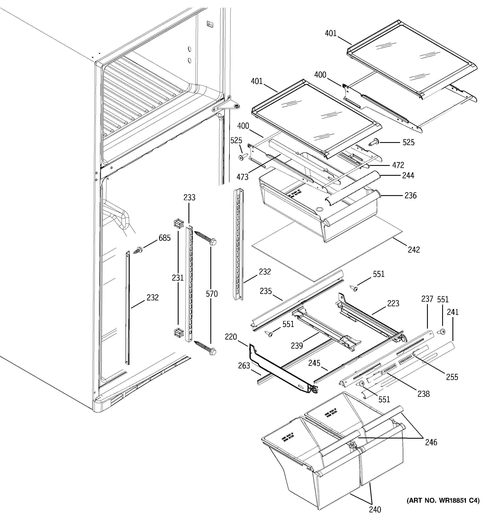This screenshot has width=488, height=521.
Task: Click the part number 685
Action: point(164,238)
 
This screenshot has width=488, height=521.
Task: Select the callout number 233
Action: point(189,197)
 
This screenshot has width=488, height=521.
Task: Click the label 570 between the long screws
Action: point(212,294)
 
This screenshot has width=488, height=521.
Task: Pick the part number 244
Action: point(408,175)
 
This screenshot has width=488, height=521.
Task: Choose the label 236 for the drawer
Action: point(410,196)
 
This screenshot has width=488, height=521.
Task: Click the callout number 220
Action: point(231,337)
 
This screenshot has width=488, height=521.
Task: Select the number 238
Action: point(424,394)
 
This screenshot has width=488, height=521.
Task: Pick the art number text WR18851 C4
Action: point(443,501)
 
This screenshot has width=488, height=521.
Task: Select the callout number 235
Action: point(266,291)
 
